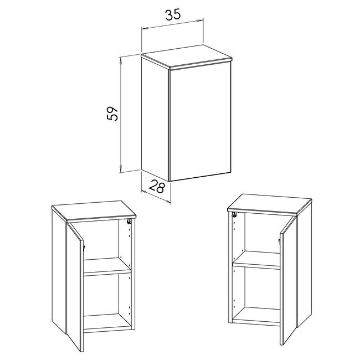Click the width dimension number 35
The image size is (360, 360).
(x=173, y=15)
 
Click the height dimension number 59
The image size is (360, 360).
(x=112, y=114)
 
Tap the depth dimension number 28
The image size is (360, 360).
(x=157, y=187)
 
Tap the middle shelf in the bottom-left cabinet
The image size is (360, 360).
(x=106, y=267)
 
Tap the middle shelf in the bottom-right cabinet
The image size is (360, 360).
(x=256, y=260)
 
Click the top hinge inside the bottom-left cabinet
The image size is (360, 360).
(x=129, y=222)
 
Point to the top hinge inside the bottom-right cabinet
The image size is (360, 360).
(x=235, y=215)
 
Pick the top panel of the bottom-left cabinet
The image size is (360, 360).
(x=94, y=212)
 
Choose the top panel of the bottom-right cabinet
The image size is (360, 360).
(x=270, y=205)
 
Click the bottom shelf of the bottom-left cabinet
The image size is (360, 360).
(x=107, y=323)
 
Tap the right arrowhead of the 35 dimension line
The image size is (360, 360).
(x=200, y=20)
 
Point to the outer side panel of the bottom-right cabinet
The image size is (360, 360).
(x=305, y=265)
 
